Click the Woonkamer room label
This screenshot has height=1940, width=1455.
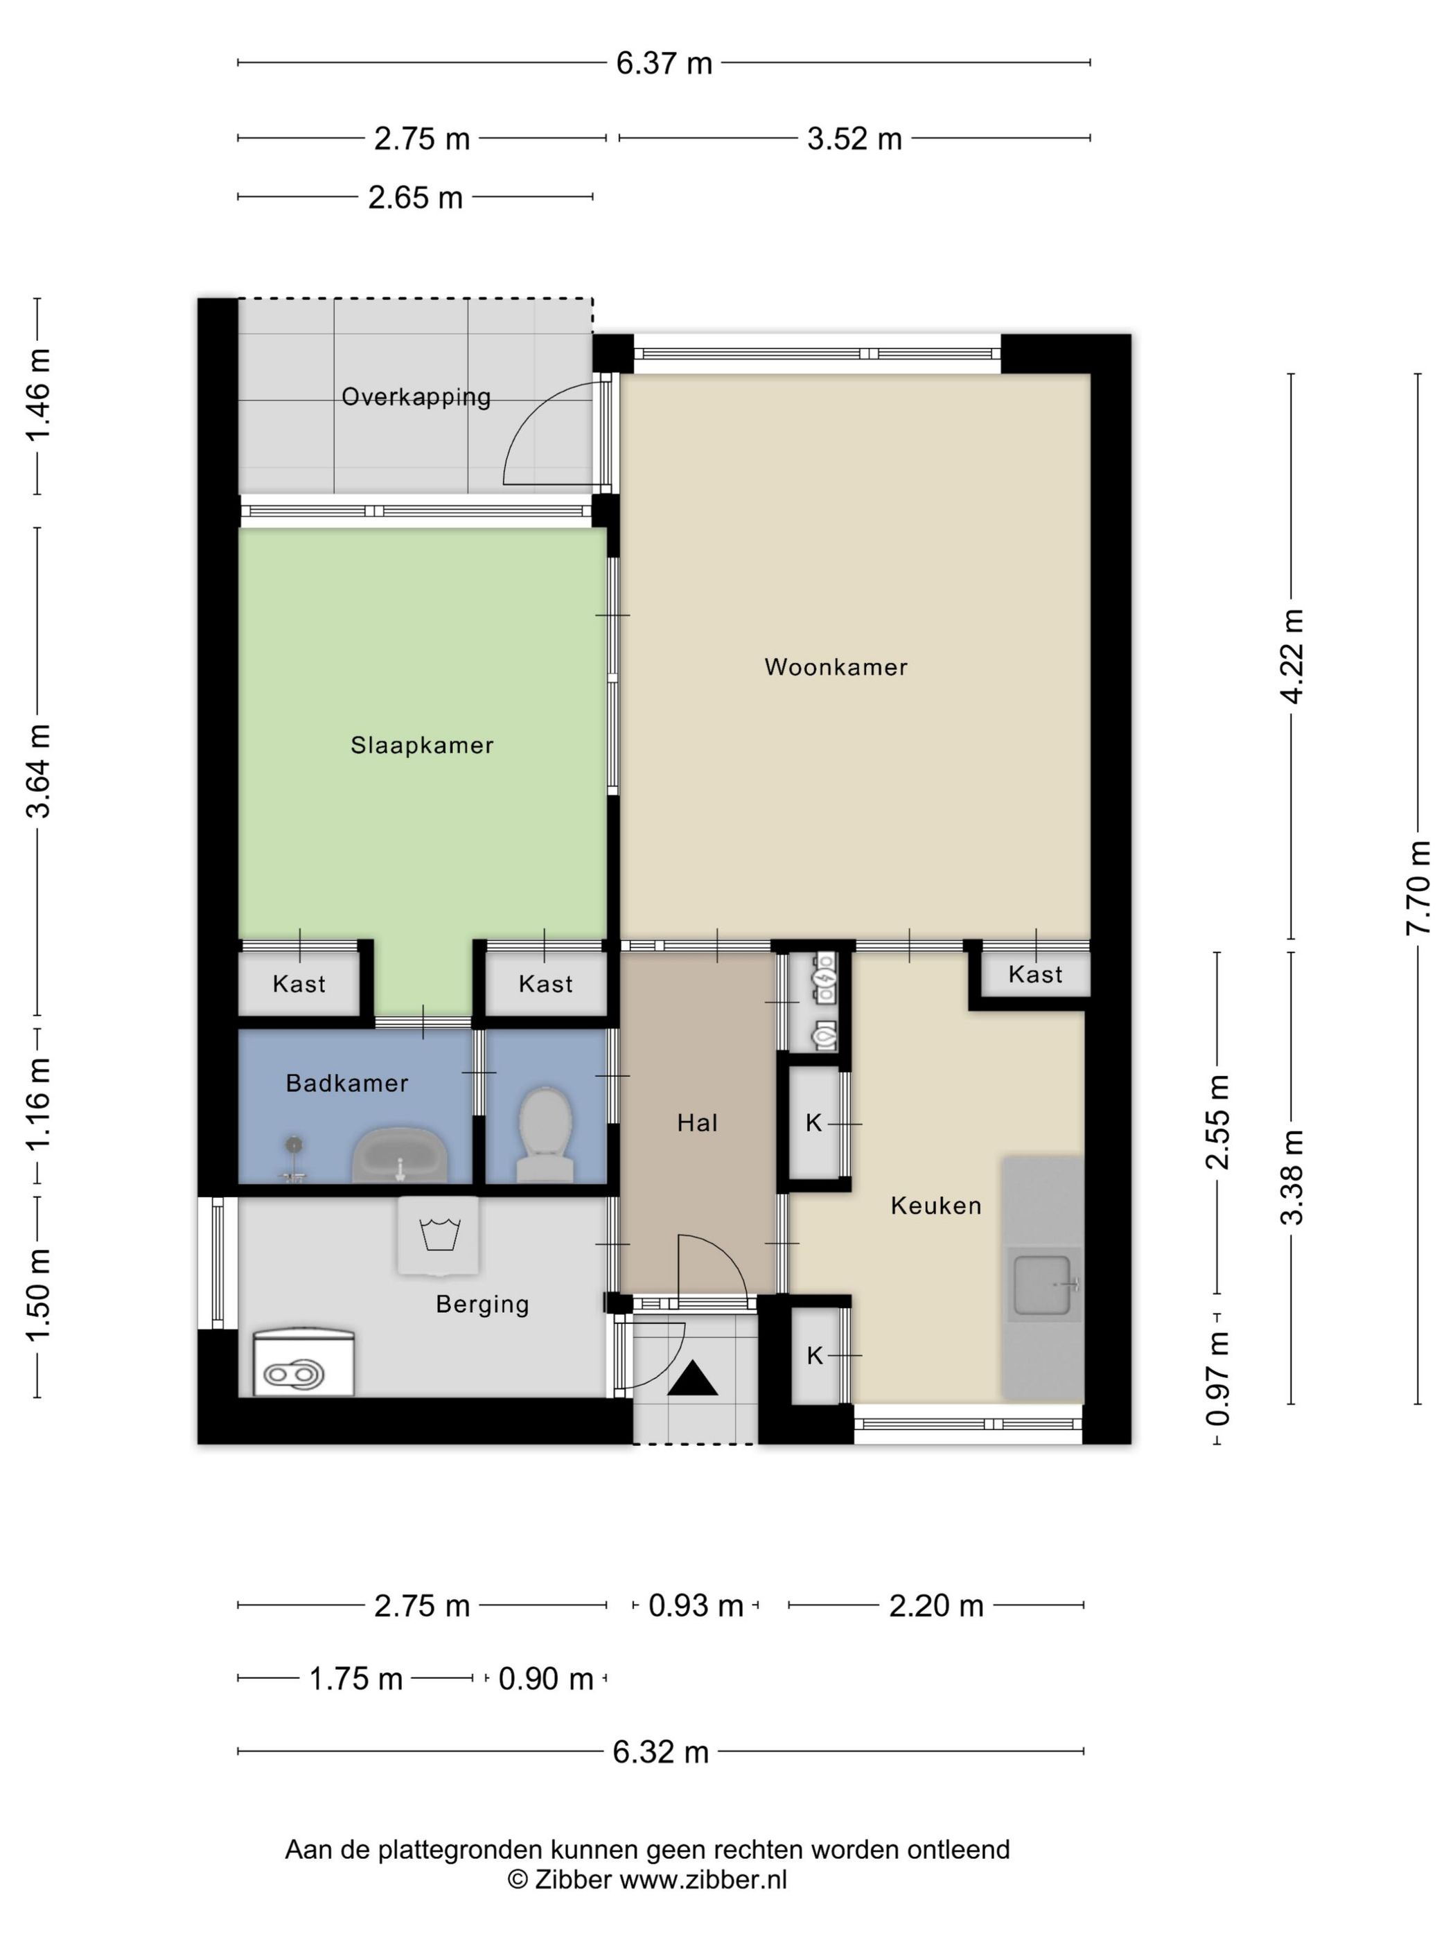pyautogui.click(x=835, y=667)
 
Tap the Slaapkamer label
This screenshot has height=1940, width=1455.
pyautogui.click(x=422, y=745)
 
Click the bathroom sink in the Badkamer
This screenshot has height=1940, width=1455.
pyautogui.click(x=400, y=1155)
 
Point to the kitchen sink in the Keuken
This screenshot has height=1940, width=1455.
pyautogui.click(x=1043, y=1285)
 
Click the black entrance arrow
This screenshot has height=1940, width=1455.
pyautogui.click(x=693, y=1378)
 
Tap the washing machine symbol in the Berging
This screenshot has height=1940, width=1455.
pyautogui.click(x=439, y=1236)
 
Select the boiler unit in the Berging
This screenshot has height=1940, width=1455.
pyautogui.click(x=303, y=1363)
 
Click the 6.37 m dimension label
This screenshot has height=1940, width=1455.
pyautogui.click(x=664, y=64)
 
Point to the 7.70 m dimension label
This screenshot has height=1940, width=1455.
pyautogui.click(x=1418, y=888)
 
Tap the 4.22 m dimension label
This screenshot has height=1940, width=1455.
pyautogui.click(x=1292, y=656)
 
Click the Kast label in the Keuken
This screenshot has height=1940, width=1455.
pyautogui.click(x=1035, y=974)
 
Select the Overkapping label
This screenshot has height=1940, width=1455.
pyautogui.click(x=416, y=397)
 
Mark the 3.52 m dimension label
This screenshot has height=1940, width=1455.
pyautogui.click(x=854, y=139)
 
